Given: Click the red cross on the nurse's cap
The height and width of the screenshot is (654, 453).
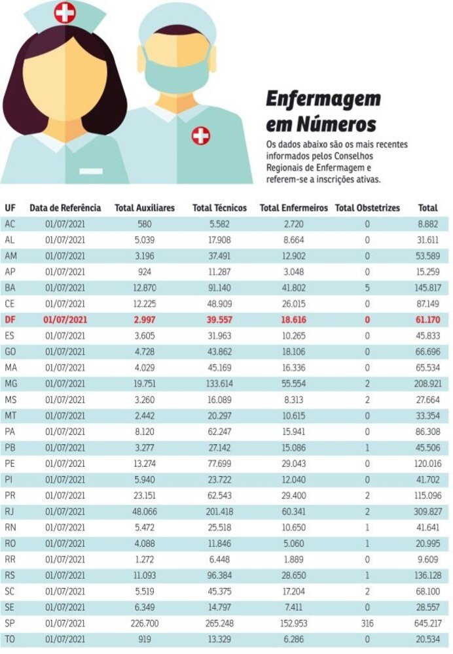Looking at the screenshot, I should (x=64, y=12).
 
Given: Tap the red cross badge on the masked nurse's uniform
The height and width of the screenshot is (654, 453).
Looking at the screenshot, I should (x=201, y=136).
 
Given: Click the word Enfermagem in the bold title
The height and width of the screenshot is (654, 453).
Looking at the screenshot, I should (x=323, y=99).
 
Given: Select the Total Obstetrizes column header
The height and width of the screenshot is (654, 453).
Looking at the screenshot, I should (x=367, y=208).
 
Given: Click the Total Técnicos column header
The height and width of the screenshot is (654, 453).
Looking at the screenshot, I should (x=219, y=208).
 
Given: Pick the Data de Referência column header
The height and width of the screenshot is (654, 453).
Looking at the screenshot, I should (x=65, y=208).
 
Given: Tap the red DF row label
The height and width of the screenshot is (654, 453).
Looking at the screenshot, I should (x=10, y=320).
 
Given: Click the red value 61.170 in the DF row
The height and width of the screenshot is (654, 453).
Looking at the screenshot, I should (x=428, y=320).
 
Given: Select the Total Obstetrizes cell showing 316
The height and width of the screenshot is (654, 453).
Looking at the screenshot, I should (x=367, y=623).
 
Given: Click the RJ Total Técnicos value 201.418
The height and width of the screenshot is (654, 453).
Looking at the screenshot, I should (x=219, y=511).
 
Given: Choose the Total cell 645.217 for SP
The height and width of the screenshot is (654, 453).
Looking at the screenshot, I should (x=428, y=623).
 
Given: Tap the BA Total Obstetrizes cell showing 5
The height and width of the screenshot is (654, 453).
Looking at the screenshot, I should (x=367, y=288).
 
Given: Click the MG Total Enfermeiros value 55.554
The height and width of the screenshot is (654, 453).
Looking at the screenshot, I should (x=293, y=383).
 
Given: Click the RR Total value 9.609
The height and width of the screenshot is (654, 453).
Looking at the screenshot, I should (x=428, y=559).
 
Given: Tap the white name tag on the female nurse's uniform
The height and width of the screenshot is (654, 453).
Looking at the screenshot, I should (x=90, y=171).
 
